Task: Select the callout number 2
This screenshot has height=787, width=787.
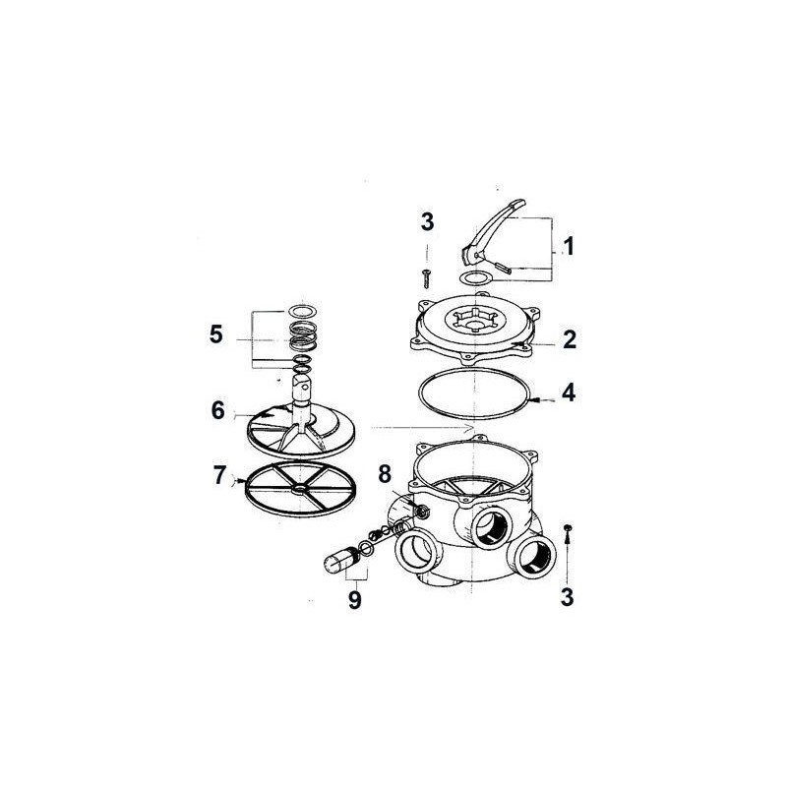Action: click(568, 340)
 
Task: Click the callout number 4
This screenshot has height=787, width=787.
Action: click(568, 394)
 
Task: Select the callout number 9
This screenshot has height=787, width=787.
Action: click(353, 598)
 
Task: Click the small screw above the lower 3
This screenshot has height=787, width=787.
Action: click(568, 531)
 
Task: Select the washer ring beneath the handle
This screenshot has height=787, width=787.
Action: click(477, 280)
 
